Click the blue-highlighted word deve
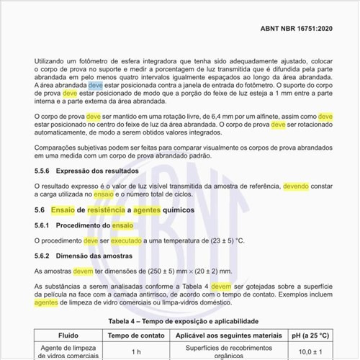(95, 85)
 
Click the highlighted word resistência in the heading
(107, 210)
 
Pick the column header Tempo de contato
(135, 335)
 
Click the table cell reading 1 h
(135, 351)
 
